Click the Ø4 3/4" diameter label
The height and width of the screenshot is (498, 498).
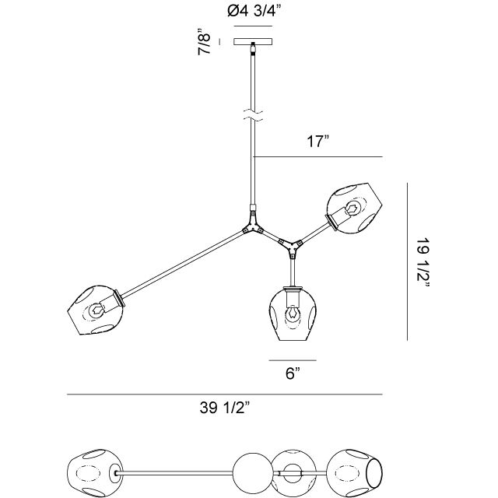pos(254,12)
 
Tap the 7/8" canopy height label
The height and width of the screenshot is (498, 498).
pos(205,42)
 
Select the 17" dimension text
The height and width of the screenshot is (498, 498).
pos(318,141)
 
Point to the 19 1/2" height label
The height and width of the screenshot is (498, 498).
pos(423,262)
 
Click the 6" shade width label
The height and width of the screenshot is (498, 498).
pos(293,373)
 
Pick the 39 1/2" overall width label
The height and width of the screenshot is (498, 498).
pos(225,408)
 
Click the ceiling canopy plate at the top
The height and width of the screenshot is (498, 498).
pos(254,41)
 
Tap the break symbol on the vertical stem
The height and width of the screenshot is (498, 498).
pos(253,116)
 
